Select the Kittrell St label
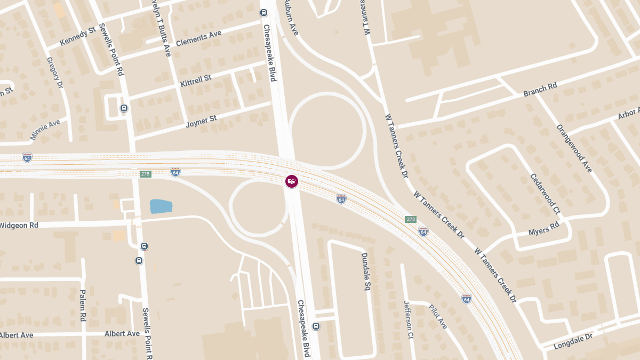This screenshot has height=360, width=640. [x=196, y=82]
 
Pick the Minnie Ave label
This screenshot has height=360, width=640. [x=45, y=130]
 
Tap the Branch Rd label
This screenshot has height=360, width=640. [x=540, y=90]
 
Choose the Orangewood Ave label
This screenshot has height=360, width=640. [x=574, y=148]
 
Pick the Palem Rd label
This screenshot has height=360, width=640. [x=83, y=305]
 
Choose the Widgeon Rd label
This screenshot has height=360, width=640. [x=19, y=226]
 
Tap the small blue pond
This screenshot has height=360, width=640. [x=161, y=206]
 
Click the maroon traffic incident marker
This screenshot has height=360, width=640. [x=291, y=181]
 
